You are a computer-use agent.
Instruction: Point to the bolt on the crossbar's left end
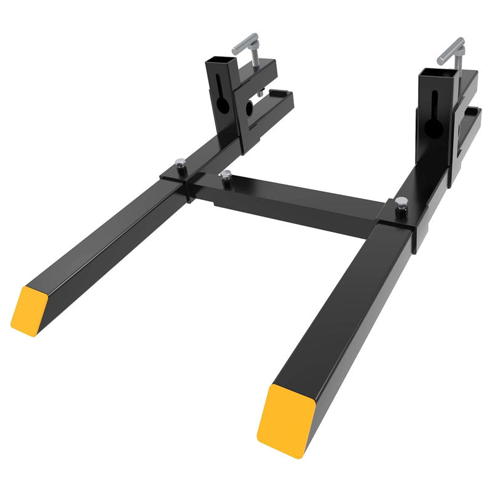click(x=226, y=176)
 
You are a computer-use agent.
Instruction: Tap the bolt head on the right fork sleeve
click(x=401, y=201)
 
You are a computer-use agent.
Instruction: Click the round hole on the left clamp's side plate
click(x=250, y=109)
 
